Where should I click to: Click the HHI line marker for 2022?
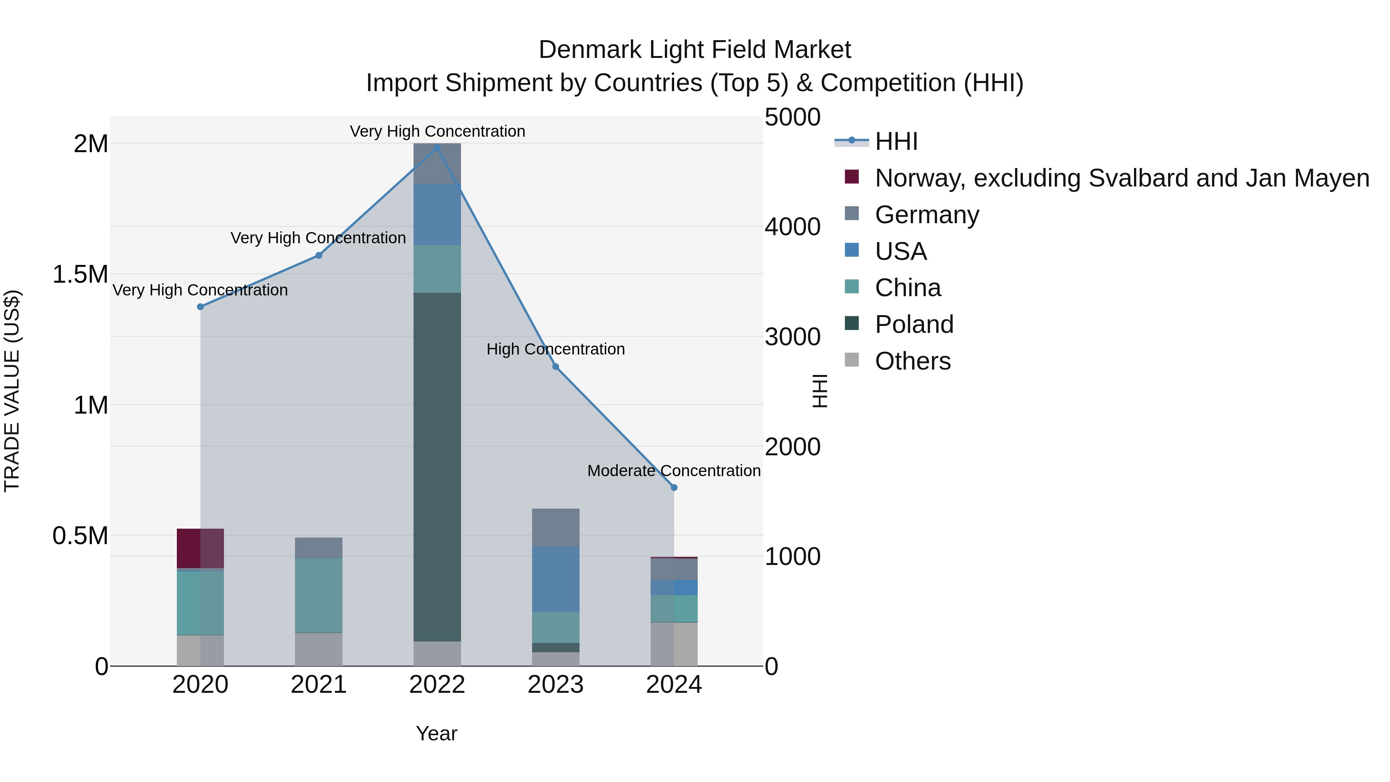coord(437,148)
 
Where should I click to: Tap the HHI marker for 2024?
coord(674,487)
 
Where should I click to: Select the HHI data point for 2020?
coord(200,307)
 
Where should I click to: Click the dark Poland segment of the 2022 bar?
coord(437,467)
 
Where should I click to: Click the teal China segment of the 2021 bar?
coord(319,595)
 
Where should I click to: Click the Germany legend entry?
coord(927,215)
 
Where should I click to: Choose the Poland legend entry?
coord(914,324)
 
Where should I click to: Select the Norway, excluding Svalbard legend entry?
coord(1121,178)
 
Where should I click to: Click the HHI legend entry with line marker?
coord(896,141)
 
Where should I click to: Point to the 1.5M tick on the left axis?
coord(80,274)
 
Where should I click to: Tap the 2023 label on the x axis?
coord(555,685)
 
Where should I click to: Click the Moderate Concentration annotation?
coord(674,471)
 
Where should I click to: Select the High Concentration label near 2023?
coord(555,349)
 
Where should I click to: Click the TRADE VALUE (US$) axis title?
coord(12,391)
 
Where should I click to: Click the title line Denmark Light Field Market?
coord(695,50)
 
